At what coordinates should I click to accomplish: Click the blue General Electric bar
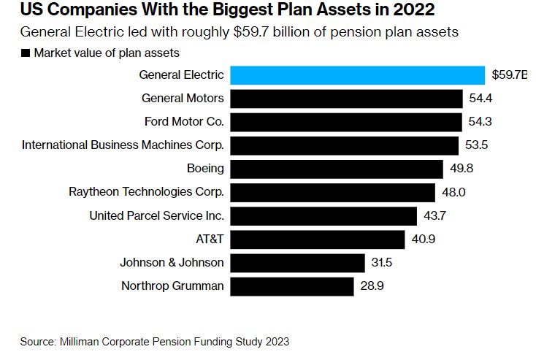pos(358,75)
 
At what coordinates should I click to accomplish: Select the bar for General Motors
pos(346,99)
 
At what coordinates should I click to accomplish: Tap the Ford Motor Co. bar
pos(346,122)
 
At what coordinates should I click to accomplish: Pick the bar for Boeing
pos(337,169)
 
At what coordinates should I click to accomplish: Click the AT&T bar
pos(318,240)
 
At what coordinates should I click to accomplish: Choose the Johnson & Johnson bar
pos(297,263)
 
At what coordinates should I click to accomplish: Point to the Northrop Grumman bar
pos(292,286)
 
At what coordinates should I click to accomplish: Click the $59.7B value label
pos(509,75)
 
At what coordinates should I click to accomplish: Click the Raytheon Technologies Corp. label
pos(146,193)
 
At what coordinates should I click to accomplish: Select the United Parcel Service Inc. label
pos(156,216)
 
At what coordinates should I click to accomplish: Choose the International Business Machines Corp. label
pos(123,145)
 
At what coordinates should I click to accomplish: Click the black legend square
pos(26,53)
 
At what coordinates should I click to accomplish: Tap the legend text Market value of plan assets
pos(106,53)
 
